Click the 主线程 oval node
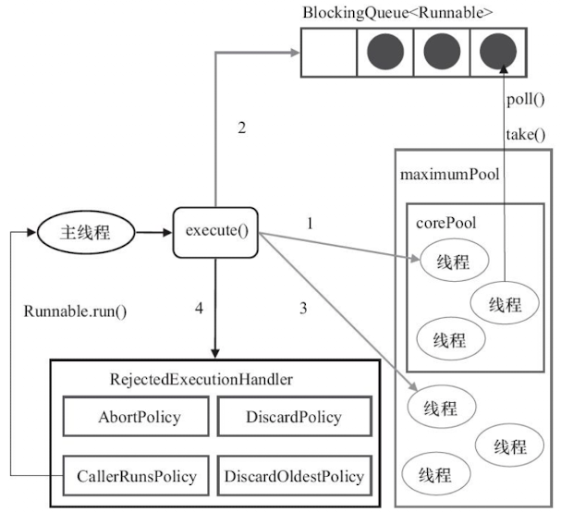point(86,232)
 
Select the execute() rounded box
point(215,232)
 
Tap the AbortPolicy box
point(136,416)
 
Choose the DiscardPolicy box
point(295,416)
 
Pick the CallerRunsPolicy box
point(136,476)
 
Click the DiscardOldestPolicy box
point(295,476)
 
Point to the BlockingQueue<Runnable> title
point(397,13)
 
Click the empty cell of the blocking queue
point(329,53)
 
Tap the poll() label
point(526,100)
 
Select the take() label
point(526,135)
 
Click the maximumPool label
point(450,175)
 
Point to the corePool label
point(445,224)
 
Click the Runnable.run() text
point(75,311)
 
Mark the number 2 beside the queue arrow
point(242,128)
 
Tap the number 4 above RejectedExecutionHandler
point(199,308)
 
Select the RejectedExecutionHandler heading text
point(201,380)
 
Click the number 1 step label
point(310,224)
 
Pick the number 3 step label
point(303,308)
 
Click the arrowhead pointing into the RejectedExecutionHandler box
point(215,353)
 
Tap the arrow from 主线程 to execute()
point(153,233)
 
